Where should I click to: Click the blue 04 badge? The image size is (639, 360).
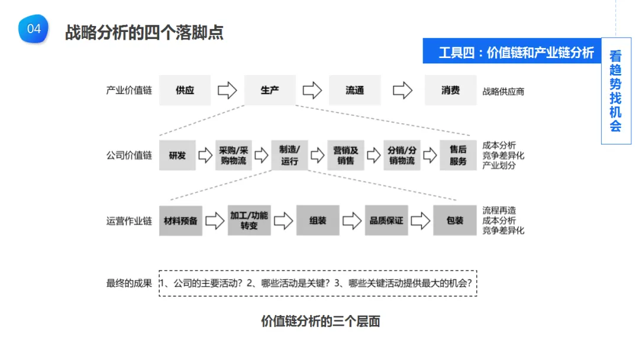point(34,29)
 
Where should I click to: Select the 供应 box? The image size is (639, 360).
point(185,91)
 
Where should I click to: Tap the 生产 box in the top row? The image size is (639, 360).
point(270,91)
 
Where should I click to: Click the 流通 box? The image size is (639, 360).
point(354,91)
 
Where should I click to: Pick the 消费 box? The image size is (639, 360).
point(450,91)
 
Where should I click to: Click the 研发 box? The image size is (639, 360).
point(177,156)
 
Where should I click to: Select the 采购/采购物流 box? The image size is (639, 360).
point(233,156)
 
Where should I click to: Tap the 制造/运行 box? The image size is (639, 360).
point(289,156)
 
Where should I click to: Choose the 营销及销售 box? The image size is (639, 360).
point(346,156)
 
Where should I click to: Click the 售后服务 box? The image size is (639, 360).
point(458,156)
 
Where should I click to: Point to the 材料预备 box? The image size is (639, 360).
point(180,221)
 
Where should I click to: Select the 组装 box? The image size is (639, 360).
point(318,221)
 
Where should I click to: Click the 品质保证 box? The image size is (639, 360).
point(386,221)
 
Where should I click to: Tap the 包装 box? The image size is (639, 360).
point(455,221)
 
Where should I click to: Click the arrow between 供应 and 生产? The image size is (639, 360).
point(227,91)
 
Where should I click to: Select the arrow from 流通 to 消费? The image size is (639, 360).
point(402,91)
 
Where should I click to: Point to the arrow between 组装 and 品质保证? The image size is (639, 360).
point(352,221)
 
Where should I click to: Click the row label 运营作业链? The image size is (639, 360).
point(129,221)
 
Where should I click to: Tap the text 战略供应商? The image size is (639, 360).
point(503,91)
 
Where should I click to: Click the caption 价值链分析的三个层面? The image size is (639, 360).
point(320,322)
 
